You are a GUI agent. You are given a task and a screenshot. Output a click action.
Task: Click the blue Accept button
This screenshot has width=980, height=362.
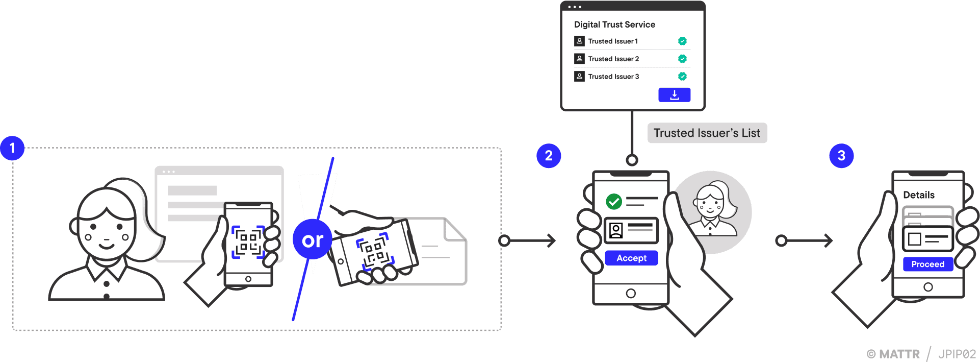click(631, 258)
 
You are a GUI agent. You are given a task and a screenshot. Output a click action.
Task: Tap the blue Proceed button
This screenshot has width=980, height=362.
click(927, 264)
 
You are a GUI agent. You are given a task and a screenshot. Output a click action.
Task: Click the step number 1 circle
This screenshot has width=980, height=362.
click(12, 149)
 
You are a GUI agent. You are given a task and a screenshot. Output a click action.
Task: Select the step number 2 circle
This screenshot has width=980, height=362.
click(549, 156)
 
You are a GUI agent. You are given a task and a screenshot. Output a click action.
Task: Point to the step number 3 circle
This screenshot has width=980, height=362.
click(841, 156)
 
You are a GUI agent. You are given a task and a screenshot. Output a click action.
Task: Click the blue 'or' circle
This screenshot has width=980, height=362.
click(313, 239)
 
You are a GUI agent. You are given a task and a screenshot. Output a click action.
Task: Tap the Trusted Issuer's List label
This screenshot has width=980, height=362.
click(707, 133)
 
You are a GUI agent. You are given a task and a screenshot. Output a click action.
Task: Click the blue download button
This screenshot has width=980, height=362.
click(674, 95)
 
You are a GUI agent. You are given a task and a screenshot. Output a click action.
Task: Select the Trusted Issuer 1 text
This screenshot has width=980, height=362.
click(612, 41)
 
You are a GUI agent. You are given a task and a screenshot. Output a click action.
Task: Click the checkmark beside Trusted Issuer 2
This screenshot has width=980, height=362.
click(682, 59)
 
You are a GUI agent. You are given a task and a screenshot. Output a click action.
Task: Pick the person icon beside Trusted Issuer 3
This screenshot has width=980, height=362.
click(579, 76)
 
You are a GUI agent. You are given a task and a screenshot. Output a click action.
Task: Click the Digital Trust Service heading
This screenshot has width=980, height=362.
click(614, 25)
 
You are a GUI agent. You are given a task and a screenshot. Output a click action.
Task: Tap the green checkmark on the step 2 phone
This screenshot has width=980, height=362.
click(614, 201)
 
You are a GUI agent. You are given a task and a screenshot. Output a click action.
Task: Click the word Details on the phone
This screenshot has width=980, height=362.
click(918, 195)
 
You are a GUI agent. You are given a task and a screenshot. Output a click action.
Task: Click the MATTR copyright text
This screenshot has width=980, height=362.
click(893, 354)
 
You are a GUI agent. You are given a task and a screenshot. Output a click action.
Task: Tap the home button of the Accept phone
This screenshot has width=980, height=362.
click(631, 294)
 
